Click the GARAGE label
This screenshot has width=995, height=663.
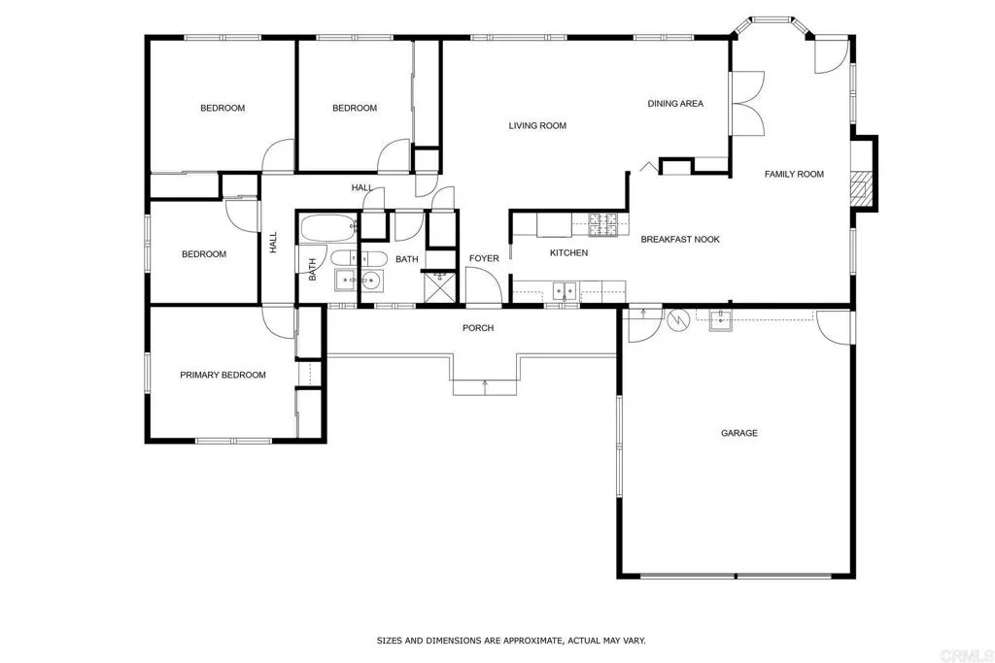tap(738, 433)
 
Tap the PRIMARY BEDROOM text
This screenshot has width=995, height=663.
tap(223, 375)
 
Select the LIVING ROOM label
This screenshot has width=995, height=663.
tap(537, 125)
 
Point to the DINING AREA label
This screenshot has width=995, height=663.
tap(675, 104)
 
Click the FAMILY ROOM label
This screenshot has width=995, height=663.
tap(794, 175)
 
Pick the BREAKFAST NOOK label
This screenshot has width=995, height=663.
tap(680, 239)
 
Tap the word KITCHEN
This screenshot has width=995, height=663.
tap(568, 253)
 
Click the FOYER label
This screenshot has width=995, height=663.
tap(484, 258)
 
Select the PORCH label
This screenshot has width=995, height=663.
tap(478, 328)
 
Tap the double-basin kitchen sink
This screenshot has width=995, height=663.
tap(563, 289)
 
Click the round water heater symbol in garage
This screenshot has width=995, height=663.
tap(677, 317)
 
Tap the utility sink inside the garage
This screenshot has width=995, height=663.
tap(720, 320)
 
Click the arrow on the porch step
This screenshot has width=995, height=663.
tap(484, 386)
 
